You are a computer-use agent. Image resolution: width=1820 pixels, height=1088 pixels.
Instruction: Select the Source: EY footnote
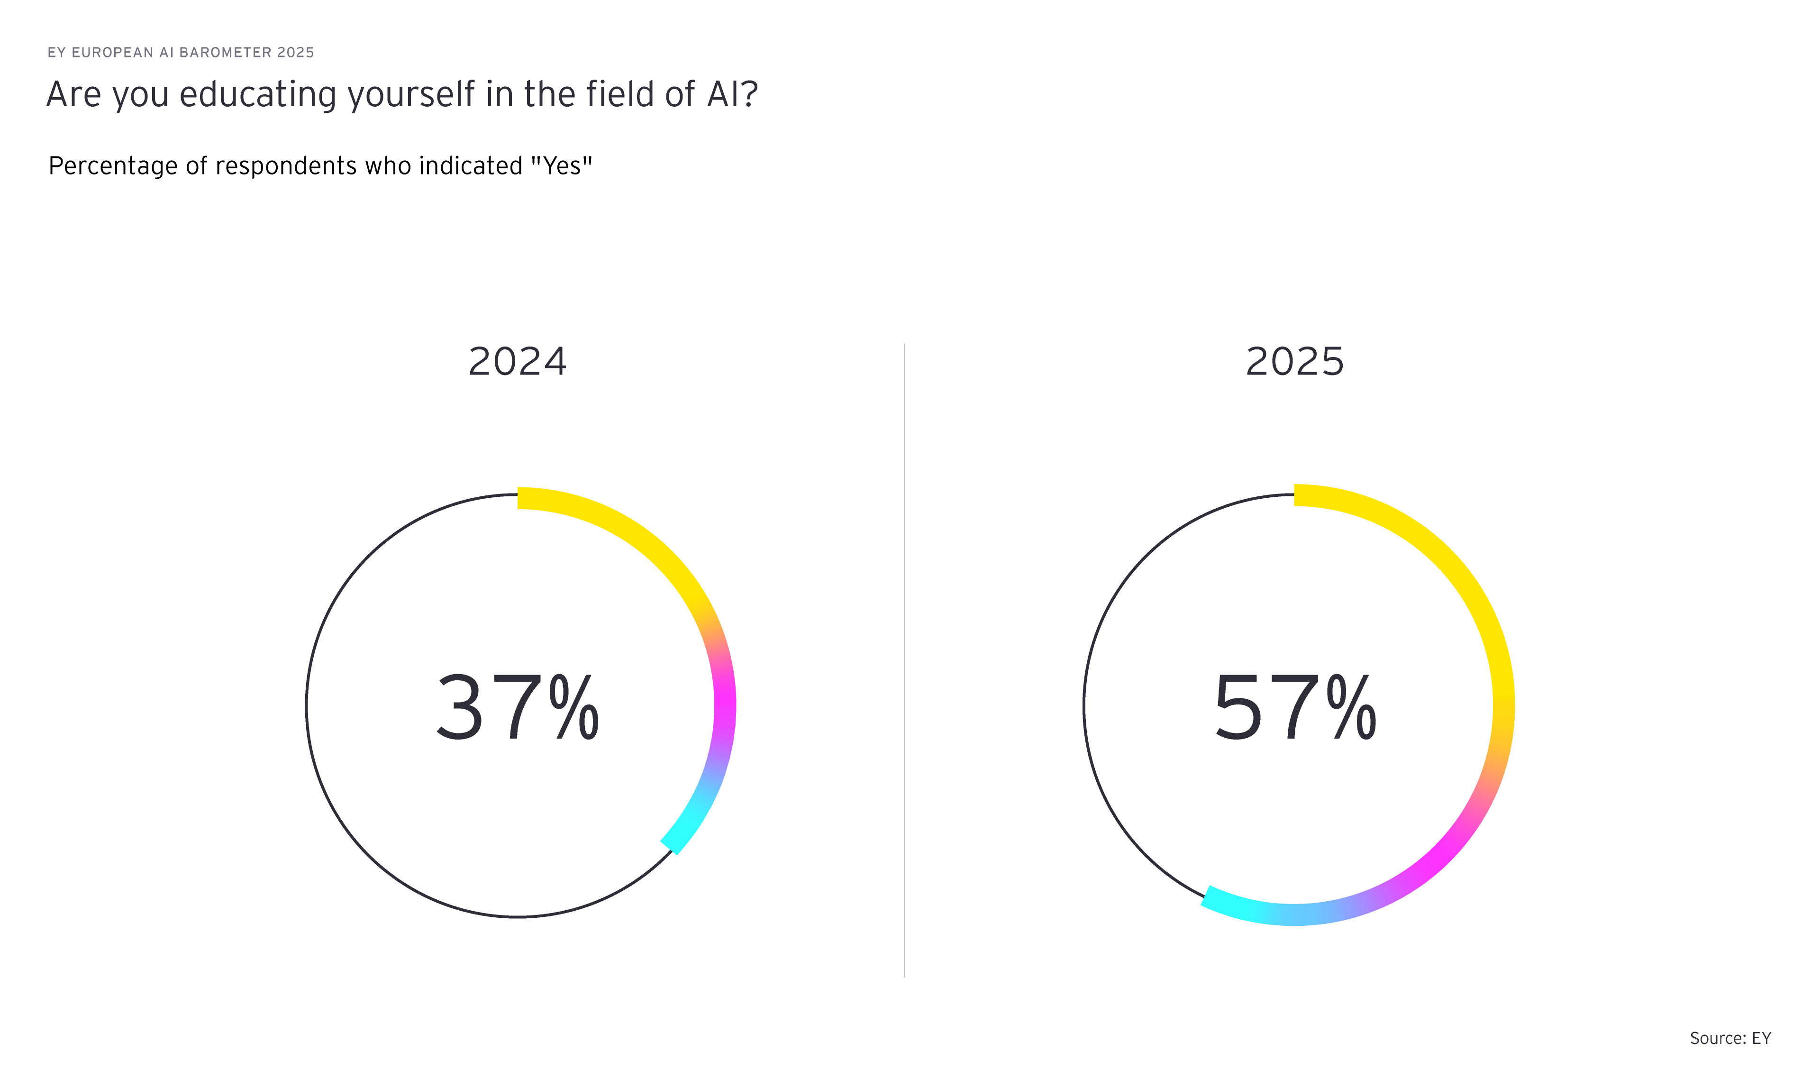[1730, 1038]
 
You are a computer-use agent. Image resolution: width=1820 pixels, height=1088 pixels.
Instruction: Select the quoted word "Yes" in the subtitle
[562, 166]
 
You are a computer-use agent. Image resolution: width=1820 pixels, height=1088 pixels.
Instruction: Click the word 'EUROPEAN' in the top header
[112, 53]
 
